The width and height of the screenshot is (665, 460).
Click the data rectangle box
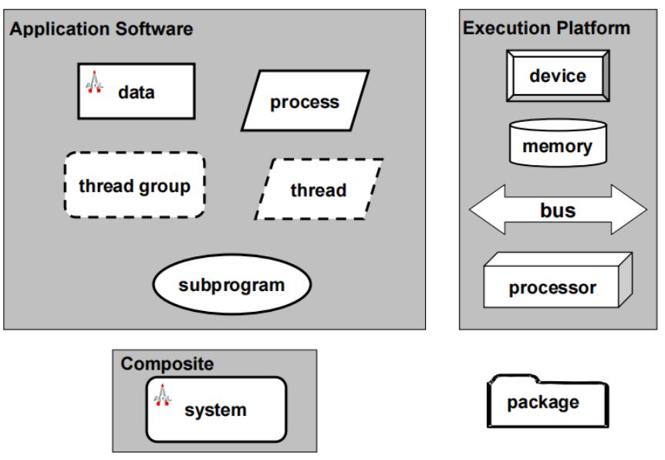point(136,91)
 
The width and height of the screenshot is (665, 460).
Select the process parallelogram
point(305,100)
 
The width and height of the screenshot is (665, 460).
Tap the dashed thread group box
point(135,185)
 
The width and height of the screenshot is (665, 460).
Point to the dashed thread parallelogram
point(319,189)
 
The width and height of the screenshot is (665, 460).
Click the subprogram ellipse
point(232,284)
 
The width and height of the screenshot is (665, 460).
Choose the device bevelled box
point(558,76)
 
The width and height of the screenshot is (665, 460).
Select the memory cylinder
point(558,143)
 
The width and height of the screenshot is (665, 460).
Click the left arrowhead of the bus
point(488,209)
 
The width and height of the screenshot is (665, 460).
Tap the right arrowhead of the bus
point(629,209)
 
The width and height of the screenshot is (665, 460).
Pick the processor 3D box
point(558,280)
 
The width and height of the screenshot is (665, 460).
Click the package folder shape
point(548,401)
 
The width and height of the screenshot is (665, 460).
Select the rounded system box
point(216,410)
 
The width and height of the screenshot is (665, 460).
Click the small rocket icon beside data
point(95,82)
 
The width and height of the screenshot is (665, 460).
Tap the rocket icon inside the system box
point(163,394)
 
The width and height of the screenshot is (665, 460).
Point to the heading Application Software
point(101,29)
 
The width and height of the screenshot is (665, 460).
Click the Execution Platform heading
point(547,28)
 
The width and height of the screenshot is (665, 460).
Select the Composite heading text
point(167,364)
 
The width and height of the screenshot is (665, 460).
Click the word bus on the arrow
point(558,210)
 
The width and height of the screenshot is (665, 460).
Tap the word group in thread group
point(164,187)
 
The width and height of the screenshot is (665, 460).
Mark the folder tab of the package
point(513,378)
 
